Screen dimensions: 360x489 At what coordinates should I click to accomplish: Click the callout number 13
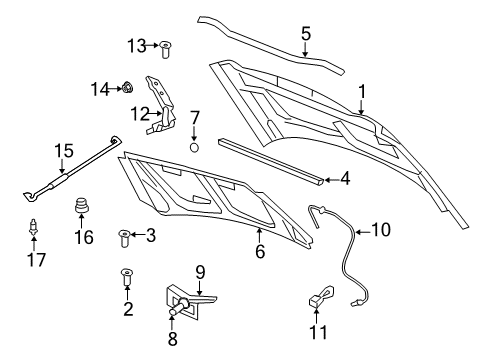(136, 45)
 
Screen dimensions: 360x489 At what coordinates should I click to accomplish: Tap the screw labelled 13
(166, 45)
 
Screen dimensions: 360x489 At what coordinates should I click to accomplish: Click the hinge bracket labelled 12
(165, 103)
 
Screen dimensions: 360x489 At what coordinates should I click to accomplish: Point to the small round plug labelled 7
(195, 147)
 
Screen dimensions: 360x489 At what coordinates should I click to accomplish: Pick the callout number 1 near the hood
(362, 91)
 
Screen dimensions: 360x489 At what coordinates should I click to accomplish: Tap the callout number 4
(345, 179)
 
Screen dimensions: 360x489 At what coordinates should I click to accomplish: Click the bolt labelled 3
(124, 237)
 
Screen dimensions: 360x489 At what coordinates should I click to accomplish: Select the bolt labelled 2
(128, 274)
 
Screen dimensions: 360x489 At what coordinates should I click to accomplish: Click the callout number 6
(259, 254)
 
